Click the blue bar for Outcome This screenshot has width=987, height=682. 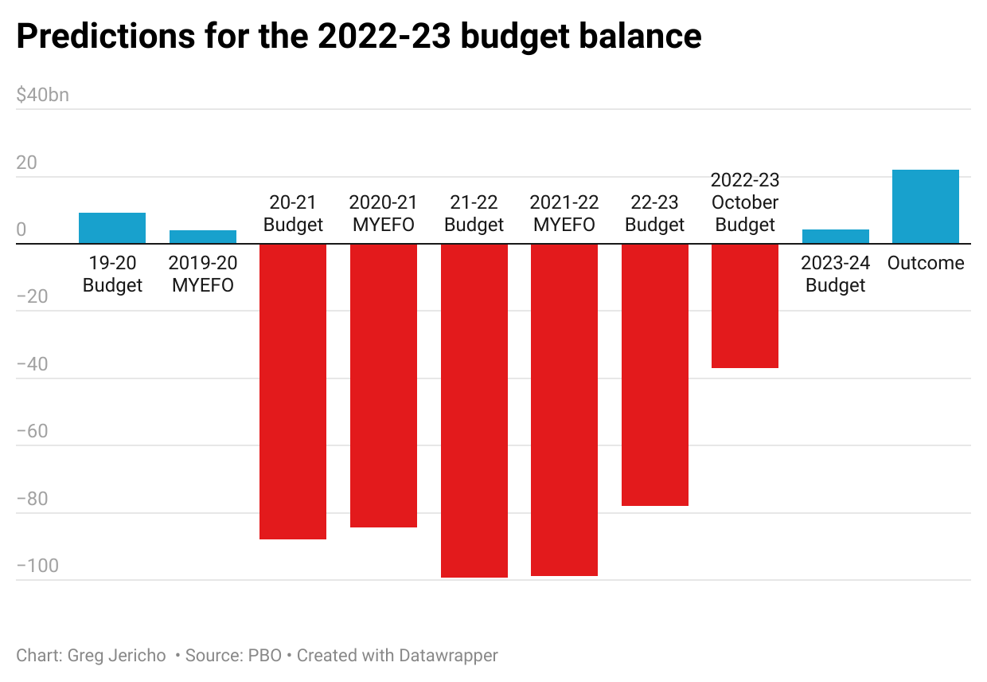(925, 206)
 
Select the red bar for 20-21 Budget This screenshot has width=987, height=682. (293, 391)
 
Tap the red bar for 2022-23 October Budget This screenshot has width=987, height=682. (744, 306)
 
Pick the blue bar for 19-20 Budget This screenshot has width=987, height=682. (112, 228)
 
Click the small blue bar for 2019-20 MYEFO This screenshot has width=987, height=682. (202, 237)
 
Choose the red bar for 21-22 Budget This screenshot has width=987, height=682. (474, 410)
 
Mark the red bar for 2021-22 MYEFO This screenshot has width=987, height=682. (564, 410)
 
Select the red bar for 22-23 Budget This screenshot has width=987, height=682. (654, 374)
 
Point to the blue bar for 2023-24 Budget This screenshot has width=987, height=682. (835, 237)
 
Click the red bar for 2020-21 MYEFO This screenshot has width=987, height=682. (383, 386)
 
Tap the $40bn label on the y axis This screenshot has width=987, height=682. (42, 96)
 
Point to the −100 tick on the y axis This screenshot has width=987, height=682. (37, 566)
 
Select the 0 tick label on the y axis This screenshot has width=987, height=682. (21, 230)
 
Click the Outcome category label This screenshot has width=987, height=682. (925, 263)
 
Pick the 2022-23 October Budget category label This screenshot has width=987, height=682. (744, 202)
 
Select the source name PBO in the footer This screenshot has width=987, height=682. (265, 656)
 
